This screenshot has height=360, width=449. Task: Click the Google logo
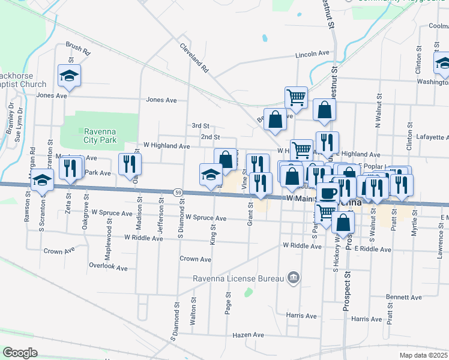[20, 352]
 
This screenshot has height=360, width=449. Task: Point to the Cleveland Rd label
[193, 57]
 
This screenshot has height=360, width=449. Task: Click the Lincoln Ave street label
[312, 54]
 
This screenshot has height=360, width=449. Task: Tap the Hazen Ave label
[249, 335]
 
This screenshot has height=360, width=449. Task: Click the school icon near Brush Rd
[69, 76]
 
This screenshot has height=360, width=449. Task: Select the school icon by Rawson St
[43, 180]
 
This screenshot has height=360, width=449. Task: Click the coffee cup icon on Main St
[328, 193]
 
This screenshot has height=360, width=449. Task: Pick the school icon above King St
[211, 175]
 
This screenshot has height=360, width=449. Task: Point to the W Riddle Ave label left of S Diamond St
[143, 238]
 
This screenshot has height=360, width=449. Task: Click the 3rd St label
[200, 126]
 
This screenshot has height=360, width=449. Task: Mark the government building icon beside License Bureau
[294, 277]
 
